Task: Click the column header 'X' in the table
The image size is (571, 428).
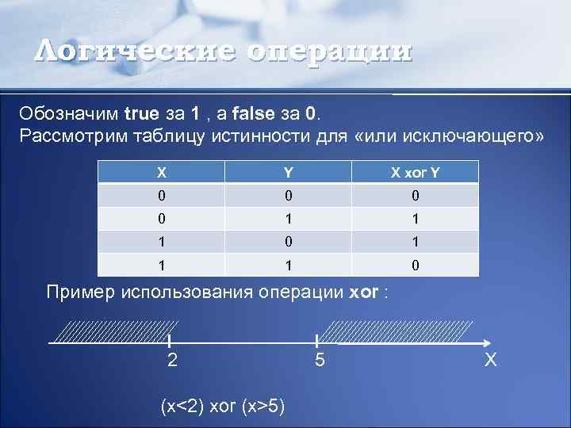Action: tap(162, 172)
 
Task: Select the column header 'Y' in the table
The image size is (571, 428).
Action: tap(289, 172)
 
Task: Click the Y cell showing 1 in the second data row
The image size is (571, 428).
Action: tap(289, 219)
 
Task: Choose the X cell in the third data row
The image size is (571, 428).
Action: tap(162, 242)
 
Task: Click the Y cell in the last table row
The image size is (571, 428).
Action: tap(289, 265)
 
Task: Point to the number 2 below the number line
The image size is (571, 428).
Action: tap(172, 361)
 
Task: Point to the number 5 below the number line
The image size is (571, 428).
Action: tap(318, 361)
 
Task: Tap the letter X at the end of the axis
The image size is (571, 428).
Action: tap(491, 361)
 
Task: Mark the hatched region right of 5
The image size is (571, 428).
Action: tap(400, 331)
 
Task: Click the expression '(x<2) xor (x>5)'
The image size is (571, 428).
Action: tap(223, 407)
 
